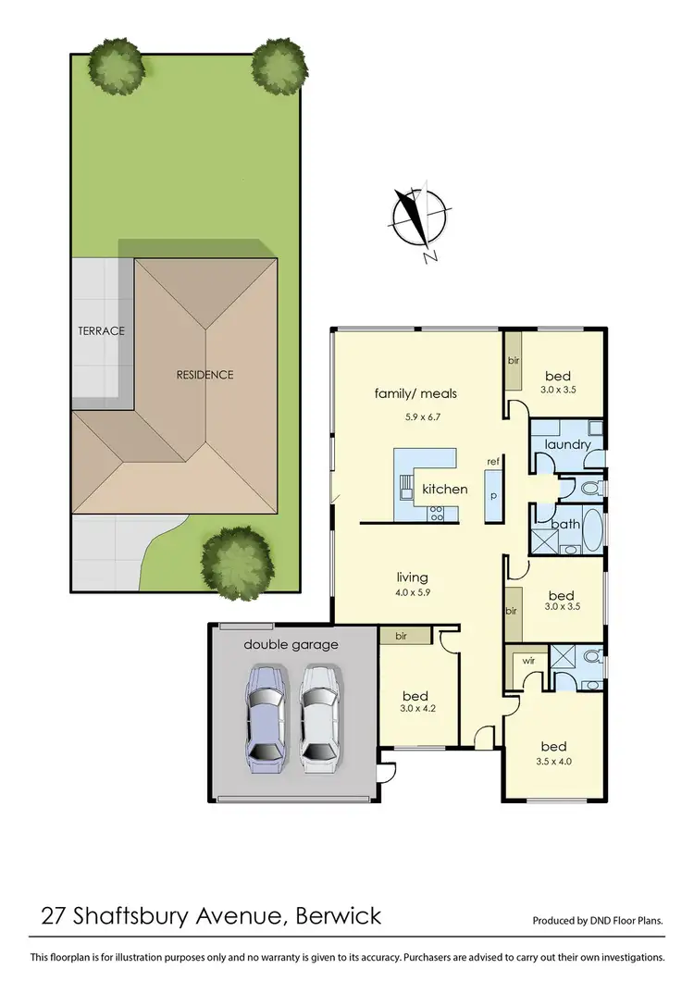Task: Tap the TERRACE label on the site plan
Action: [x=101, y=330]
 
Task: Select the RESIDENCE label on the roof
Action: [x=204, y=375]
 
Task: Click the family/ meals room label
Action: [x=415, y=393]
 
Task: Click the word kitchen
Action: [x=444, y=489]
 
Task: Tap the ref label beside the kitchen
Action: [x=493, y=461]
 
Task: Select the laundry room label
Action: [x=567, y=444]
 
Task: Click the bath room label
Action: [x=564, y=524]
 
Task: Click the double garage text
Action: [x=291, y=644]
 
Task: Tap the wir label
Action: [x=527, y=662]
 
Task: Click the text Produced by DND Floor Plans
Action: [x=597, y=921]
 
